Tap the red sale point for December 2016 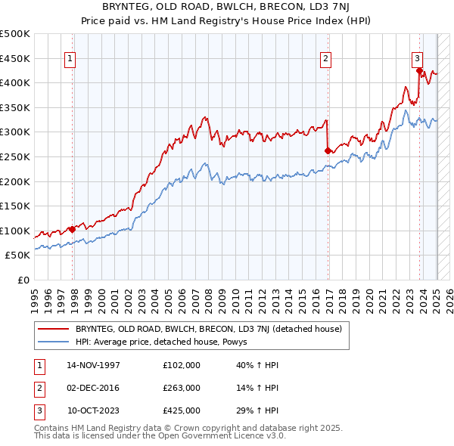[328, 150]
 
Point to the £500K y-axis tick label [15, 34]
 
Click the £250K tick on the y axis [15, 156]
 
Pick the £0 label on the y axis [22, 280]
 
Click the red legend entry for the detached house [209, 329]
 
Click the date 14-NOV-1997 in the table [93, 365]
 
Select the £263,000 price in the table [182, 388]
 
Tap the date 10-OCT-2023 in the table [94, 410]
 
